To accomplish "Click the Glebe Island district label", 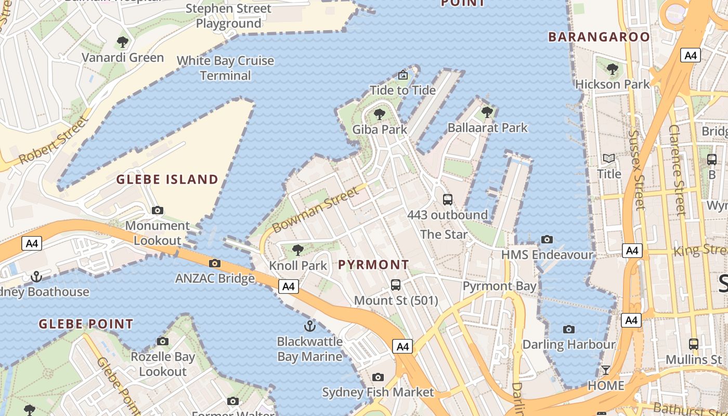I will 167,180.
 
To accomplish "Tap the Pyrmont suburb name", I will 373,265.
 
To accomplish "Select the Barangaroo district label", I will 599,37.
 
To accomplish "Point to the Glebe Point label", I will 86,324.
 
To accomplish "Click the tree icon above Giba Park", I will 380,114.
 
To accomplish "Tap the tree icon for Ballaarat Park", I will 487,112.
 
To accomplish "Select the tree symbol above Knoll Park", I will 298,250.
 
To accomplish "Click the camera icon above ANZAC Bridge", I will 215,263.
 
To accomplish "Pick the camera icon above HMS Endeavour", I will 547,239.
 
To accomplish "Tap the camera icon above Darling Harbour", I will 569,329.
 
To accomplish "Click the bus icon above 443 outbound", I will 447,199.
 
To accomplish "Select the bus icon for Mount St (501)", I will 396,285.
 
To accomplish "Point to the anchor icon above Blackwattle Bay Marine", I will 309,326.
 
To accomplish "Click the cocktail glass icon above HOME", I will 606,370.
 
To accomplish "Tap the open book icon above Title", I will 609,158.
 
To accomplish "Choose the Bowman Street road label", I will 315,210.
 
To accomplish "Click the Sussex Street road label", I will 636,170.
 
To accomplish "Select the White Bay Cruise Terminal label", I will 225,68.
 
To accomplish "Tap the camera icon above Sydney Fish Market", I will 378,377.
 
